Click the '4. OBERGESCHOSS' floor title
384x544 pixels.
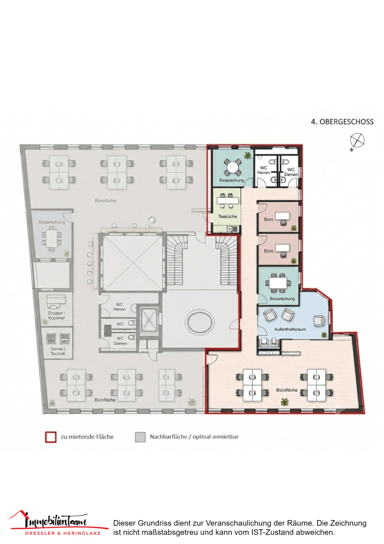pos(342,122)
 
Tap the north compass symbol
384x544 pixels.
pos(357,141)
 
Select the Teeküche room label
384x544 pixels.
pos(227,217)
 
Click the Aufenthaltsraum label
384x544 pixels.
pos(290,329)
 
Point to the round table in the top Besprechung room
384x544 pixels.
pos(231,167)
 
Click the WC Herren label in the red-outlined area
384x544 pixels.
pos(264,170)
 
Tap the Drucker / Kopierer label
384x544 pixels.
pos(56,316)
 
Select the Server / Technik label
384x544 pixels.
pos(58,351)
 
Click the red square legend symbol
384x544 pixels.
pos(51,437)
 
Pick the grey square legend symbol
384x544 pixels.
pos(140,437)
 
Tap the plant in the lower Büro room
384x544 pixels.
pos(294,261)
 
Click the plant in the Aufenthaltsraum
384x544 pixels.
pos(324,335)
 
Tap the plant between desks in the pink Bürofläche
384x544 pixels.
pos(284,402)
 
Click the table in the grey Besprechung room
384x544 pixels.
pos(52,238)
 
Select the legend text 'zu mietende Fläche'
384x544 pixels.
pos(87,437)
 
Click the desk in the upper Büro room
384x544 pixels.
pos(282,217)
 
